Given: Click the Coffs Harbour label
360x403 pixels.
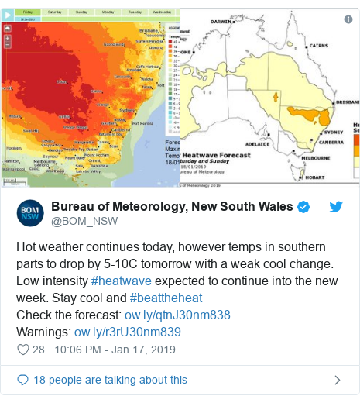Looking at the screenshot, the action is [146, 67].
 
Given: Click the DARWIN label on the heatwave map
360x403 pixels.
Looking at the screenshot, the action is [222, 22].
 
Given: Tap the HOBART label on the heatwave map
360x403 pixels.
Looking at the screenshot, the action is [315, 177].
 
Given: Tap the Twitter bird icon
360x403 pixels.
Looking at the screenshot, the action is [336, 207].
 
